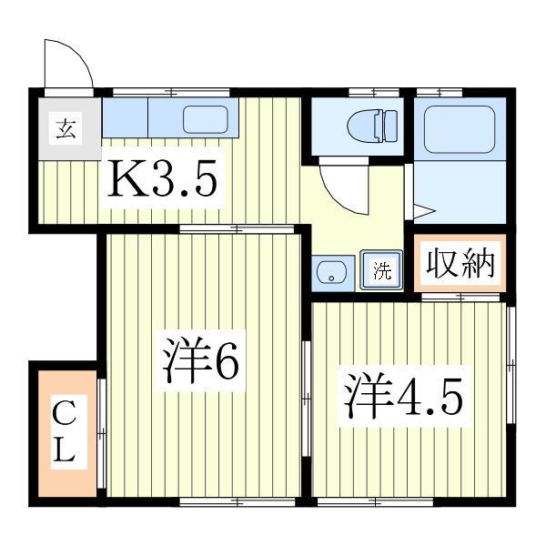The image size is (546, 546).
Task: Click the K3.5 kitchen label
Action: (163, 181)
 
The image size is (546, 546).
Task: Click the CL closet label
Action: (63, 432)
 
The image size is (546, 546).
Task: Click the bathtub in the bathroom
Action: (460, 128)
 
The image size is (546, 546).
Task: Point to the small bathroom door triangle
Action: (423, 212)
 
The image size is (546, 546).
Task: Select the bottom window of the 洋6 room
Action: (214, 500)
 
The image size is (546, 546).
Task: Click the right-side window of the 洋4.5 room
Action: (511, 364)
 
